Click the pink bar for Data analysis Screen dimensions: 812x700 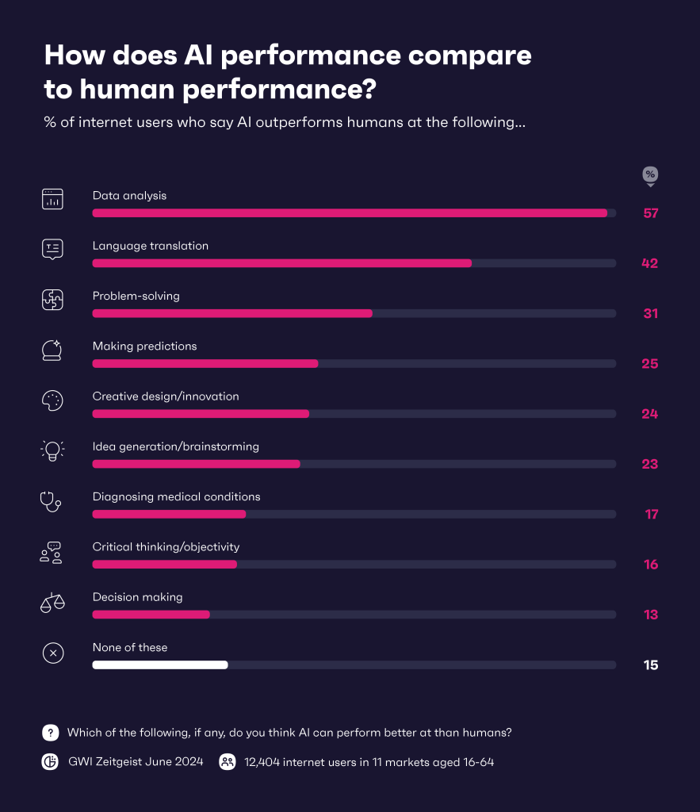click(x=350, y=213)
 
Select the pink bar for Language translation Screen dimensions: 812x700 click(x=281, y=263)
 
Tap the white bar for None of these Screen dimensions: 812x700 click(x=160, y=665)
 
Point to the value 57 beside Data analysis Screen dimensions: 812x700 click(x=651, y=213)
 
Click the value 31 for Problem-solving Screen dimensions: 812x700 click(x=651, y=313)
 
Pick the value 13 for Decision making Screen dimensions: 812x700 click(x=651, y=615)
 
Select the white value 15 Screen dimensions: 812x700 click(x=651, y=665)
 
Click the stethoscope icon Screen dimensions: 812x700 click(x=52, y=501)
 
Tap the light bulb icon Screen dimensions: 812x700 click(x=52, y=450)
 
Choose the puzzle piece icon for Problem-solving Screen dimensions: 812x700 click(x=52, y=300)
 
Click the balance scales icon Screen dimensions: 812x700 click(x=52, y=602)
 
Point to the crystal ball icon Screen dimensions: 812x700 click(x=52, y=350)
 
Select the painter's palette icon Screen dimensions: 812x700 click(x=52, y=400)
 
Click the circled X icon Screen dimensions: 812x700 click(x=52, y=653)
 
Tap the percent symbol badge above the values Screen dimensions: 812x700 click(x=650, y=174)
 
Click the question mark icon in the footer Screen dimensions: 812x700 click(x=51, y=733)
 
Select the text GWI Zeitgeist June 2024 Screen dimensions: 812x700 click(x=136, y=762)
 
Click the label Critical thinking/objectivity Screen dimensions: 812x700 click(x=166, y=546)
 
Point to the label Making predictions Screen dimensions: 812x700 click(x=144, y=346)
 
